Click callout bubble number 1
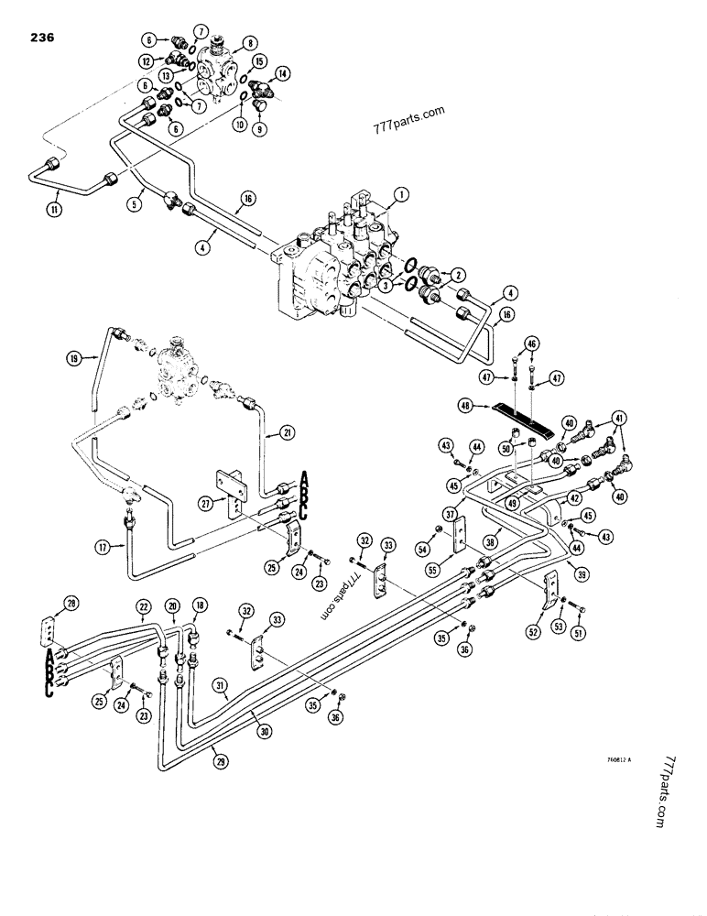399,194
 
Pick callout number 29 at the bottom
217,757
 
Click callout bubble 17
103,548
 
